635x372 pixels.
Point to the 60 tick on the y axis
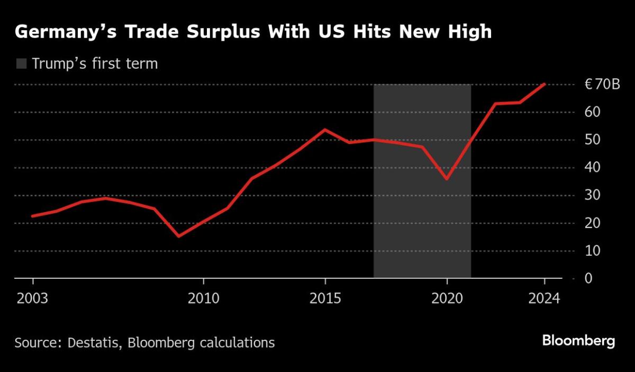coord(592,112)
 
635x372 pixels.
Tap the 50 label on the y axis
coord(592,140)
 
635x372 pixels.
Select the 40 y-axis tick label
coord(592,168)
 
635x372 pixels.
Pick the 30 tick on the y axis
coord(592,195)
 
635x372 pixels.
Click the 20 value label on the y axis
coord(592,223)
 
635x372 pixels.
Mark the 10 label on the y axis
coord(592,251)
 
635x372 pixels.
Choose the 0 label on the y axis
coord(588,278)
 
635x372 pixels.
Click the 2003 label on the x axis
coord(33,298)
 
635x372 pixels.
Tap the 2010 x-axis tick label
coord(203,298)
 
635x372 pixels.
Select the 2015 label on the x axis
coord(325,298)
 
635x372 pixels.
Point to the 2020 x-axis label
coord(447,298)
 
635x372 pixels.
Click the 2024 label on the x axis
coord(544,298)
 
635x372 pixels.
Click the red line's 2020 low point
coord(447,179)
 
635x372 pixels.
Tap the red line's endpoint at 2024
coord(545,84)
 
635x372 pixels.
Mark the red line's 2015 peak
coord(325,130)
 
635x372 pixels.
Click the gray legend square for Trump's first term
coord(21,65)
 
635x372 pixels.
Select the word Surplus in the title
coord(203,33)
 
